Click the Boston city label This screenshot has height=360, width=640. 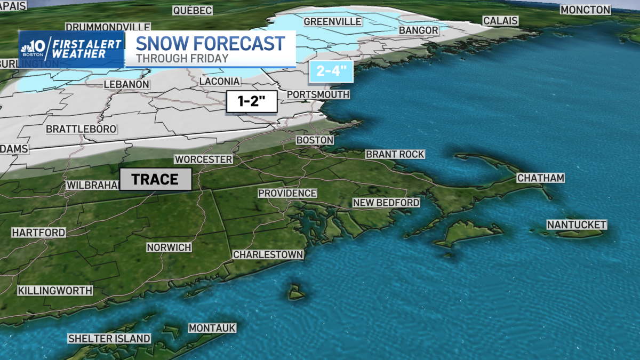tap(315, 140)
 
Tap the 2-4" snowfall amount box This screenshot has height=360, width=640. tap(331, 71)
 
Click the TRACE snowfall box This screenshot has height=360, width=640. tap(155, 179)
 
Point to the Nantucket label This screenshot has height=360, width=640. tap(577, 225)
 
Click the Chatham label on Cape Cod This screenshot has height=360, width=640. tap(540, 178)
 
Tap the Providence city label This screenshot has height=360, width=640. tap(287, 193)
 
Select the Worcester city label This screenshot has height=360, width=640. tap(204, 159)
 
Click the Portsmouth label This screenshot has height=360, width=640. tap(318, 94)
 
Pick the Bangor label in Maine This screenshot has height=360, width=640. tap(419, 30)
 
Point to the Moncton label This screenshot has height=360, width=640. tap(585, 10)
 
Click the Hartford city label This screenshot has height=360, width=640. tap(38, 233)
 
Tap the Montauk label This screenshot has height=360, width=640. tap(212, 328)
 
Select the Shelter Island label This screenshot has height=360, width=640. tap(109, 339)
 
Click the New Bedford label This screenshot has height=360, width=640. tap(386, 203)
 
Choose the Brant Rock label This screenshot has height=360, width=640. tap(395, 154)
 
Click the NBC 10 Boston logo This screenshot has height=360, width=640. tap(34, 49)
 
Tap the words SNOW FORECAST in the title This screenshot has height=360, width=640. tap(210, 43)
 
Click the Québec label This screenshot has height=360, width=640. tap(193, 10)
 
